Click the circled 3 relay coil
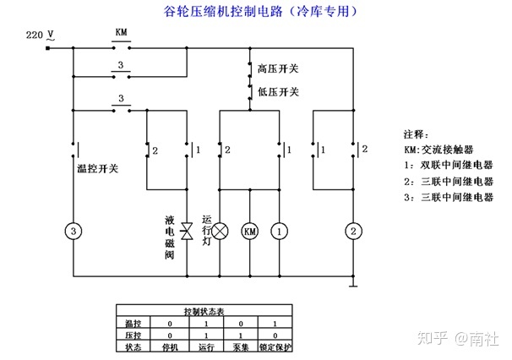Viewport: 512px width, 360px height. pyautogui.click(x=74, y=231)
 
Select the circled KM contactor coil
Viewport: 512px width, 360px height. pyautogui.click(x=249, y=231)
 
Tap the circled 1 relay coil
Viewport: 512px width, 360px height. pyautogui.click(x=280, y=231)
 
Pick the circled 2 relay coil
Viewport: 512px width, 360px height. pyautogui.click(x=355, y=231)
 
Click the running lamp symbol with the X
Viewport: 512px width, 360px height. pyautogui.click(x=220, y=231)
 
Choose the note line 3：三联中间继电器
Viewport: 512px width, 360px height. pyautogui.click(x=448, y=198)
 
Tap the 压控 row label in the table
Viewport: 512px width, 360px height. pyautogui.click(x=133, y=335)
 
